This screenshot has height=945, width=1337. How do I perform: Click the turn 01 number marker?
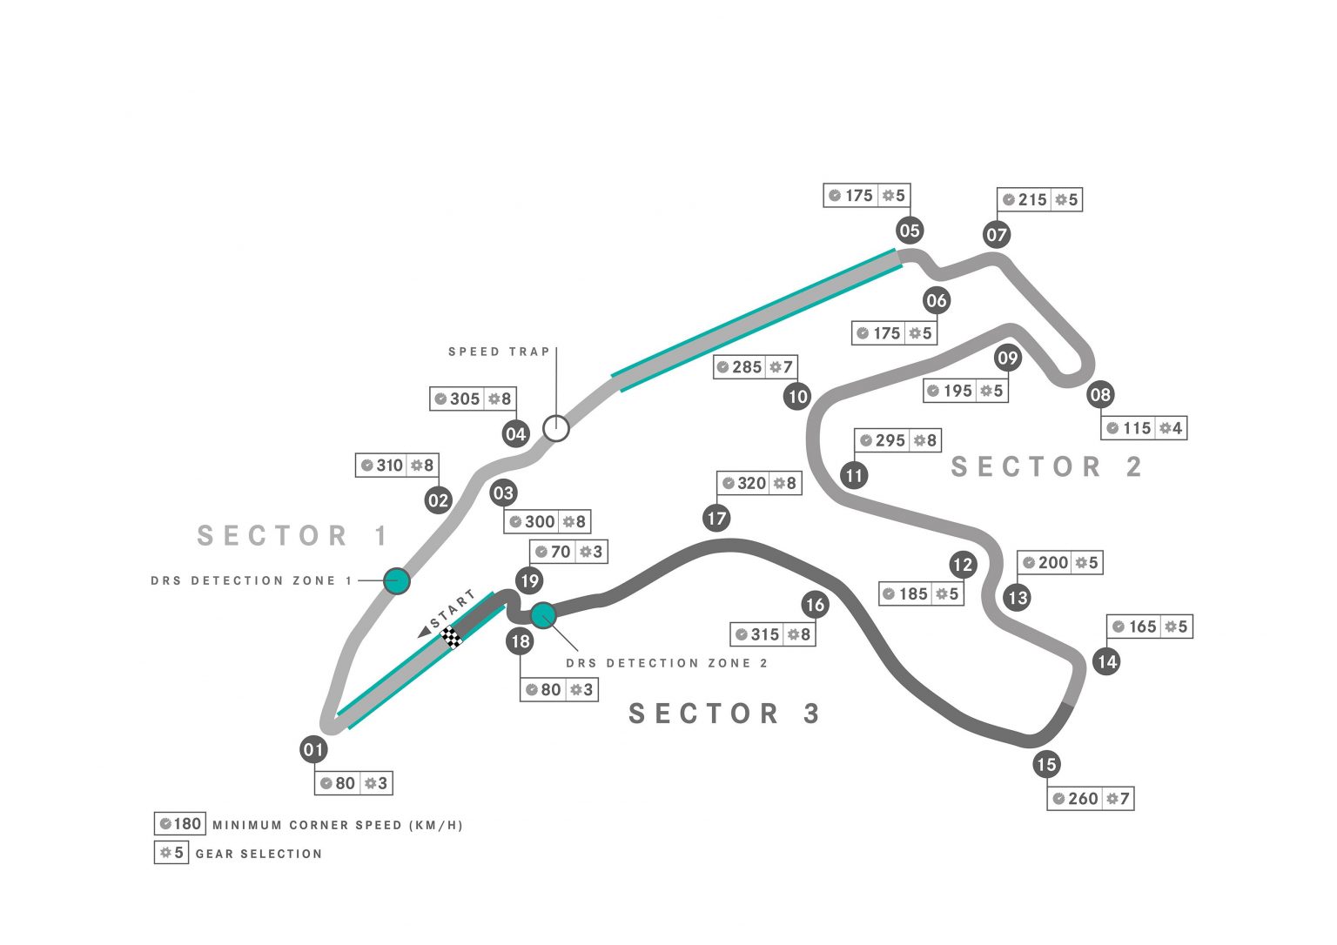pyautogui.click(x=313, y=749)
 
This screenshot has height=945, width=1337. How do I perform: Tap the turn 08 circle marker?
pyautogui.click(x=1100, y=395)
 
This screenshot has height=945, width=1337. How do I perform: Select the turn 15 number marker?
pyautogui.click(x=1046, y=765)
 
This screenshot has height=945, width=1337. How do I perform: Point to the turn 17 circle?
pyautogui.click(x=716, y=519)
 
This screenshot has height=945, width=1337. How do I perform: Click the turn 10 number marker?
pyautogui.click(x=797, y=397)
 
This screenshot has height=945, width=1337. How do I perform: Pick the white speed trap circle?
pyautogui.click(x=556, y=428)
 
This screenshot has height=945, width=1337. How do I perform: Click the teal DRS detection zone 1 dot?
pyautogui.click(x=396, y=580)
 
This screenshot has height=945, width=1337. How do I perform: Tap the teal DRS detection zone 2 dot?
pyautogui.click(x=543, y=615)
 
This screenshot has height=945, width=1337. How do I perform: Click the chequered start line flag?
pyautogui.click(x=452, y=636)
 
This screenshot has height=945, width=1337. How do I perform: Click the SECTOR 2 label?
pyautogui.click(x=1045, y=467)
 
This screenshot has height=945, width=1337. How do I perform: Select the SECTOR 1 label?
pyautogui.click(x=292, y=535)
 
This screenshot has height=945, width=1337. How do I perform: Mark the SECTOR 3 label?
pyautogui.click(x=724, y=714)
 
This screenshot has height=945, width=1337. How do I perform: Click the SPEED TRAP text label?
pyautogui.click(x=500, y=352)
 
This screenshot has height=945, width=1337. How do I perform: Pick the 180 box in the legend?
pyautogui.click(x=180, y=824)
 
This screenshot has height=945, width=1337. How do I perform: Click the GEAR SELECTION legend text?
pyautogui.click(x=259, y=854)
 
